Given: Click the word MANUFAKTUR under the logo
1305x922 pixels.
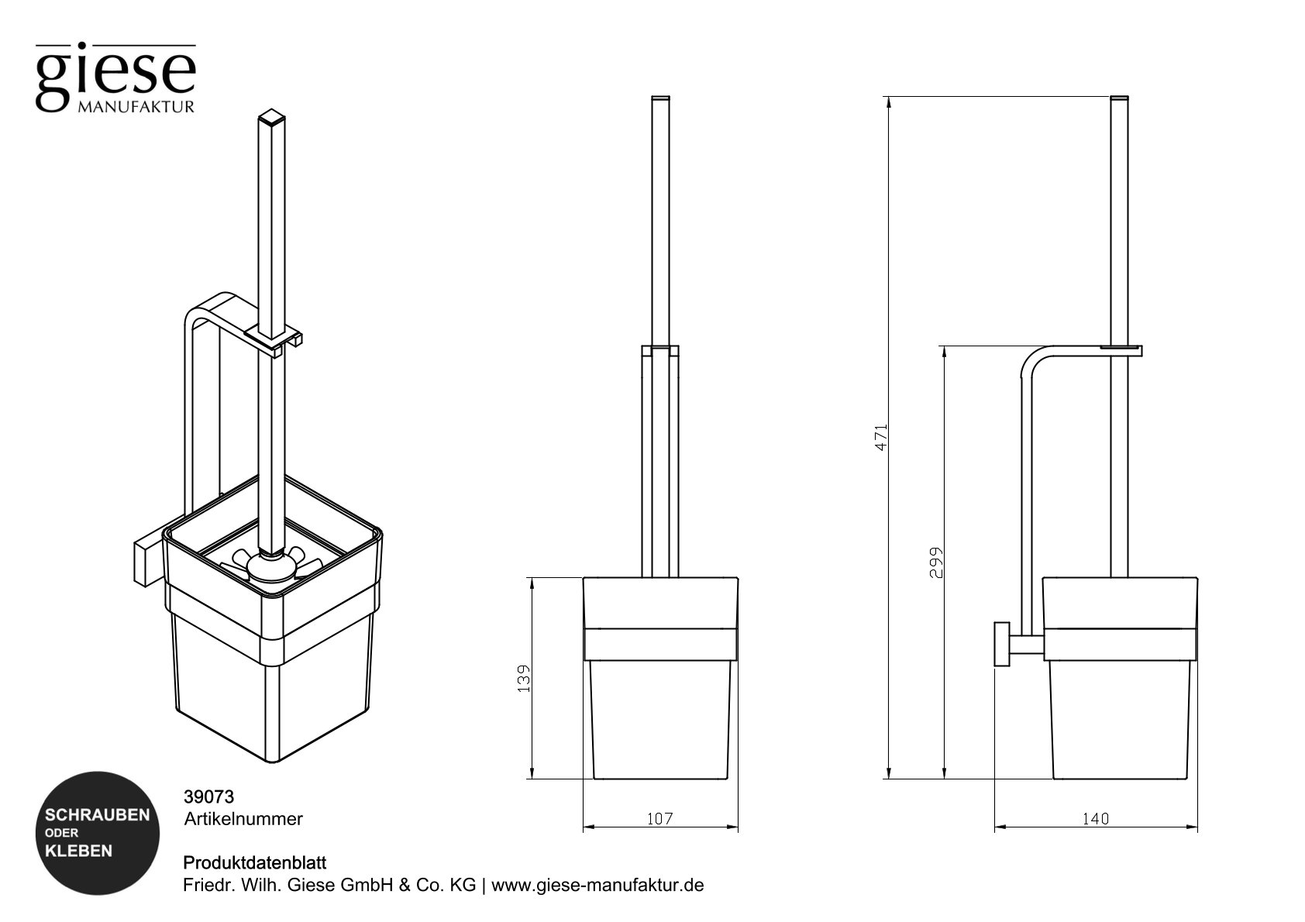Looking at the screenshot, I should click(x=136, y=106).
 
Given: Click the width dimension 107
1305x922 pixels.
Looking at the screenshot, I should click(x=659, y=818).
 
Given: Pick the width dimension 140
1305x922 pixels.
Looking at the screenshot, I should click(x=1095, y=818).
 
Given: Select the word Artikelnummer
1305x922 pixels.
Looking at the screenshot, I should click(x=243, y=818).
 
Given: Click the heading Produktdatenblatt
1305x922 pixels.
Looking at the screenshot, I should click(x=254, y=862).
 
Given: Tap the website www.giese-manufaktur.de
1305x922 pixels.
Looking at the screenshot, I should click(x=597, y=885).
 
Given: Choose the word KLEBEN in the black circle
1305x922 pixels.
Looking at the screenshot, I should click(x=79, y=851).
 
